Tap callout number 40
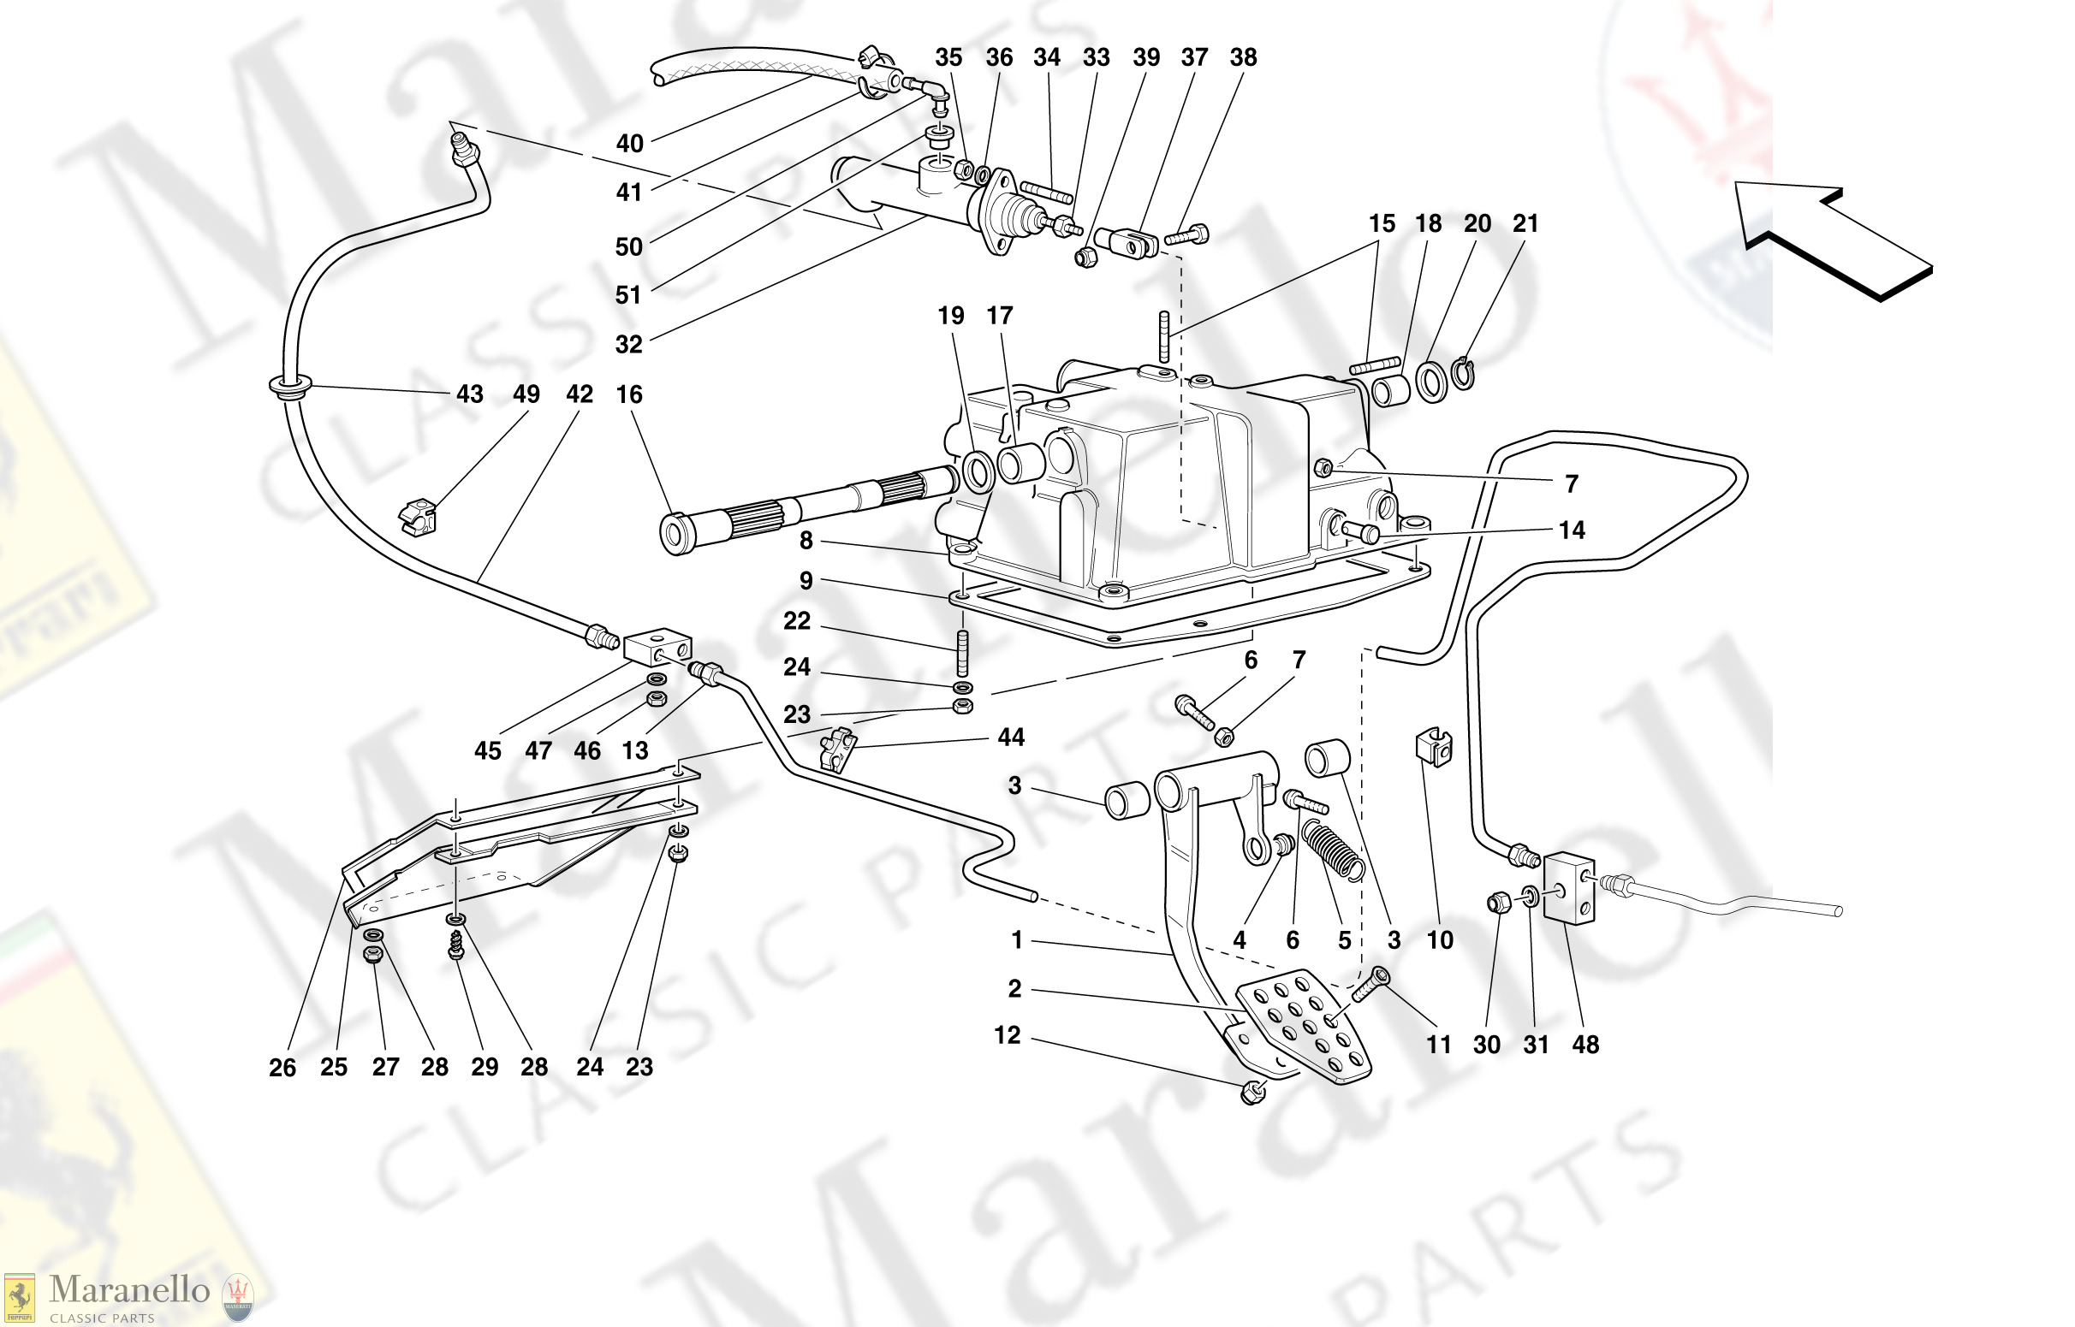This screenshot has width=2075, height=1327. click(629, 144)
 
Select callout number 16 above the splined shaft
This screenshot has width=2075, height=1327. click(628, 394)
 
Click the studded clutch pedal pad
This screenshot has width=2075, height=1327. click(1304, 1025)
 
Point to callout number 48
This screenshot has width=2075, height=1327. click(1584, 1046)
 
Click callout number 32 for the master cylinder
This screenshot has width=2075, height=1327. click(628, 345)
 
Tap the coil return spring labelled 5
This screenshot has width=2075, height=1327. click(1333, 850)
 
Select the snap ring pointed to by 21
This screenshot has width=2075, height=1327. click(1463, 374)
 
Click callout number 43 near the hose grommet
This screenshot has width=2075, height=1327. click(469, 394)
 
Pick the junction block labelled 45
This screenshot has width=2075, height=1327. click(657, 647)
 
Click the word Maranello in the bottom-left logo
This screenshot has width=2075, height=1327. click(129, 1289)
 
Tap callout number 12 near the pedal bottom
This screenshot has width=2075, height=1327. click(1007, 1035)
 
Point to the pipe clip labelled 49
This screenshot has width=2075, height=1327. click(418, 517)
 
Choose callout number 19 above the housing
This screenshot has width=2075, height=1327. click(951, 317)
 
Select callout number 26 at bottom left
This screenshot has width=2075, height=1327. click(282, 1068)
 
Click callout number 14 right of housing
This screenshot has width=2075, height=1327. click(1572, 530)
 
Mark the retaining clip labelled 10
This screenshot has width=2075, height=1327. click(1434, 749)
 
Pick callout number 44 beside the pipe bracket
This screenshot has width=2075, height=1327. click(1010, 738)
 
